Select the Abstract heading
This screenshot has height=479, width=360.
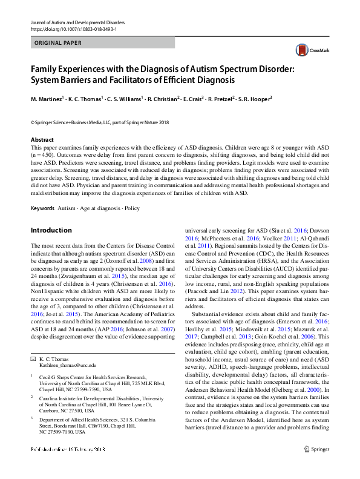(42, 140)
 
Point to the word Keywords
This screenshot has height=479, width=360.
(42, 208)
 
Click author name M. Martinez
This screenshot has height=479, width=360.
(47, 99)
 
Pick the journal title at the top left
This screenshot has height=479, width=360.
(73, 22)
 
